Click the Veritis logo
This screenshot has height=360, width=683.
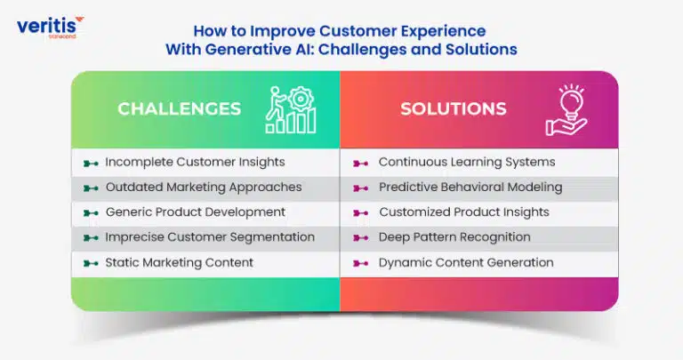50,28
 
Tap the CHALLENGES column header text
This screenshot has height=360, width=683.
179,108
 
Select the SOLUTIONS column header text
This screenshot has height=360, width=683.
454,108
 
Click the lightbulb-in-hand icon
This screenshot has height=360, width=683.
566,110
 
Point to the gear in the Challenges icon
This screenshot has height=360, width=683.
301,99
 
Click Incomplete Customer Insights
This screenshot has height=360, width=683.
195,162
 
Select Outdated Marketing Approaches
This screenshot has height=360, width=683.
204,188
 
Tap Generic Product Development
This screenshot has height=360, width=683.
196,212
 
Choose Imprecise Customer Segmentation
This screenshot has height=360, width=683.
210,237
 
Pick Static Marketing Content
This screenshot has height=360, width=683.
179,262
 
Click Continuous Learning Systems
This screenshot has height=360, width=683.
467,162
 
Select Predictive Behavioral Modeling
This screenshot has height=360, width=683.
470,188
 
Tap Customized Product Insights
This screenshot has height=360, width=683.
464,212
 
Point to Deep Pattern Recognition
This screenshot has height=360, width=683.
454,237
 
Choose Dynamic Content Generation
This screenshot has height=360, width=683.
466,262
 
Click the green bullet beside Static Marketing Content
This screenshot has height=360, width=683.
91,263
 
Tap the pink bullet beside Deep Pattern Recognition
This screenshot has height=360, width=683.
360,238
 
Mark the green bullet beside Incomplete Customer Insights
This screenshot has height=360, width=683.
91,164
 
